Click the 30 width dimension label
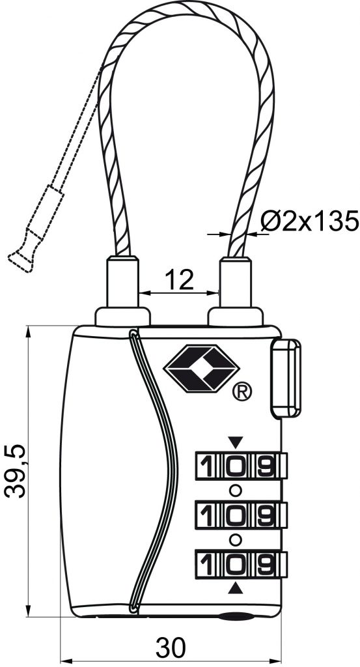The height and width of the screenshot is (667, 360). coord(171,648)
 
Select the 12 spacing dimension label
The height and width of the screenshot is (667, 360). coord(179,280)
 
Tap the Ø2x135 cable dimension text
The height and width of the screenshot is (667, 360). coord(310,221)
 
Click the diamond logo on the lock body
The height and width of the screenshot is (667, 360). coord(201,369)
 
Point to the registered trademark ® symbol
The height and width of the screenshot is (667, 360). coord(242,391)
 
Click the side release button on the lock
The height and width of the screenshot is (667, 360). coord(286,377)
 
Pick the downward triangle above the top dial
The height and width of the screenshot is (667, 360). coord(235,442)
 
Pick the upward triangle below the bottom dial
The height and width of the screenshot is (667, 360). coord(235,588)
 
